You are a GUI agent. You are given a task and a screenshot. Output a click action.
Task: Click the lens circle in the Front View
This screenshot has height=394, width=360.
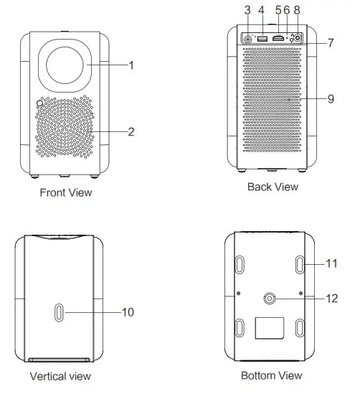coord(65,65)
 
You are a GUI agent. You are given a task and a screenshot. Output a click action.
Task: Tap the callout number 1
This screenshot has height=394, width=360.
coord(131,65)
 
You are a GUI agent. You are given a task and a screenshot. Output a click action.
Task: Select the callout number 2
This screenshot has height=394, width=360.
coord(131,132)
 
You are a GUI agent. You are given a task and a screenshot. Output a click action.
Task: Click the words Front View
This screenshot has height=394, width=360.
coord(66,193)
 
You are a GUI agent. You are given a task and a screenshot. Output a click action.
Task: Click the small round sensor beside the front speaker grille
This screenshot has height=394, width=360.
coord(39,103)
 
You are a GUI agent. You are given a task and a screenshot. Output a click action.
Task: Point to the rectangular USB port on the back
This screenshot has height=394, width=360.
coord(262,39)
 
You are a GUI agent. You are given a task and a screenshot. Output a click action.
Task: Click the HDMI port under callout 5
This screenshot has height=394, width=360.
coord(278,39)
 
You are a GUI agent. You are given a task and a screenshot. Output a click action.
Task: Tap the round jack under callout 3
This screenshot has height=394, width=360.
coord(248,39)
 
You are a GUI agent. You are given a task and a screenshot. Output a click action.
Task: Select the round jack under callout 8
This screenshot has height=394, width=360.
coord(298,38)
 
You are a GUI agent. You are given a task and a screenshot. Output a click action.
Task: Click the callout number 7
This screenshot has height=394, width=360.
coord(331,43)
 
